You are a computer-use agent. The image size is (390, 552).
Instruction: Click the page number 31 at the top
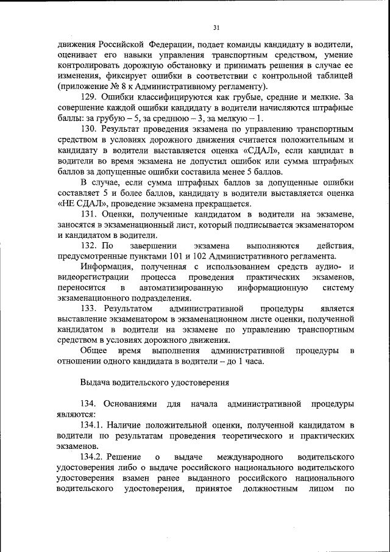pos(216,27)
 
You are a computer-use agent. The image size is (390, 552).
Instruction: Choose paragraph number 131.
pos(89,214)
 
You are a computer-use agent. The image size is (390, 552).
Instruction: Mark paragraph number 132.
pos(89,245)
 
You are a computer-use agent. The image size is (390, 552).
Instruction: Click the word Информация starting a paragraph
pos(105,267)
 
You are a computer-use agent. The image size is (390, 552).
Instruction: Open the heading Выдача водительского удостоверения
pos(155,382)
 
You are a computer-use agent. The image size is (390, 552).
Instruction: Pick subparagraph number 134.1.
pos(93,424)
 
